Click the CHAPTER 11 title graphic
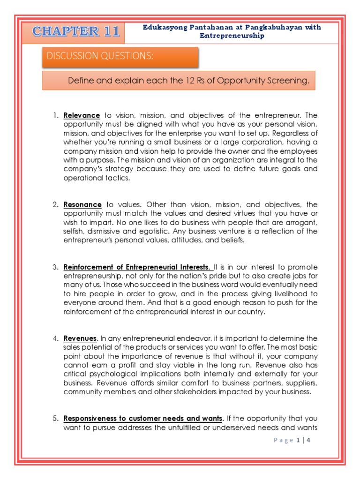click(76, 31)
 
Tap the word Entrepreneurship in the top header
click(232, 36)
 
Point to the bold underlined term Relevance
click(82, 115)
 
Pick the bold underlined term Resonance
click(82, 205)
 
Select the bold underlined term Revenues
click(81, 338)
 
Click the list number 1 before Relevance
click(54, 115)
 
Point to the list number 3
click(54, 267)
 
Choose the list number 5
click(54, 418)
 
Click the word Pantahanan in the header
click(197, 27)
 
